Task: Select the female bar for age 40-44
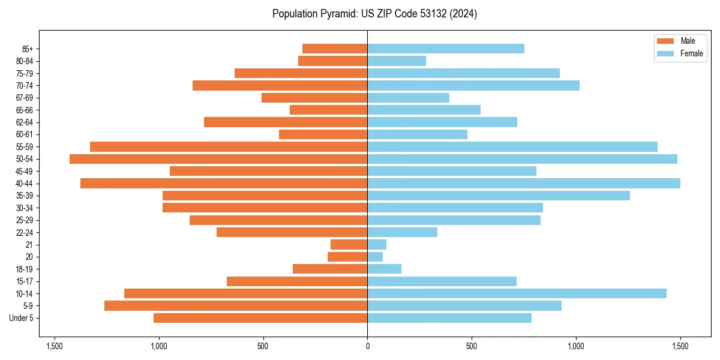point(524,184)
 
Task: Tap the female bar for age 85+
point(446,49)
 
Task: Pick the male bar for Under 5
point(260,318)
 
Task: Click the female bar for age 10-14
point(517,293)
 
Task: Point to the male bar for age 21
point(349,245)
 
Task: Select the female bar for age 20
point(375,257)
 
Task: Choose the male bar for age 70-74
point(280,86)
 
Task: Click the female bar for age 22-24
point(402,232)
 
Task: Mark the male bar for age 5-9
point(236,306)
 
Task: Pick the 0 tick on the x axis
point(367,346)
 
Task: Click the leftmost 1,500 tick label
point(55,346)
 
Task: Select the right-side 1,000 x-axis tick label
point(576,346)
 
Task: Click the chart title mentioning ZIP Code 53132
point(374,14)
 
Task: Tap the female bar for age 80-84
point(397,61)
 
